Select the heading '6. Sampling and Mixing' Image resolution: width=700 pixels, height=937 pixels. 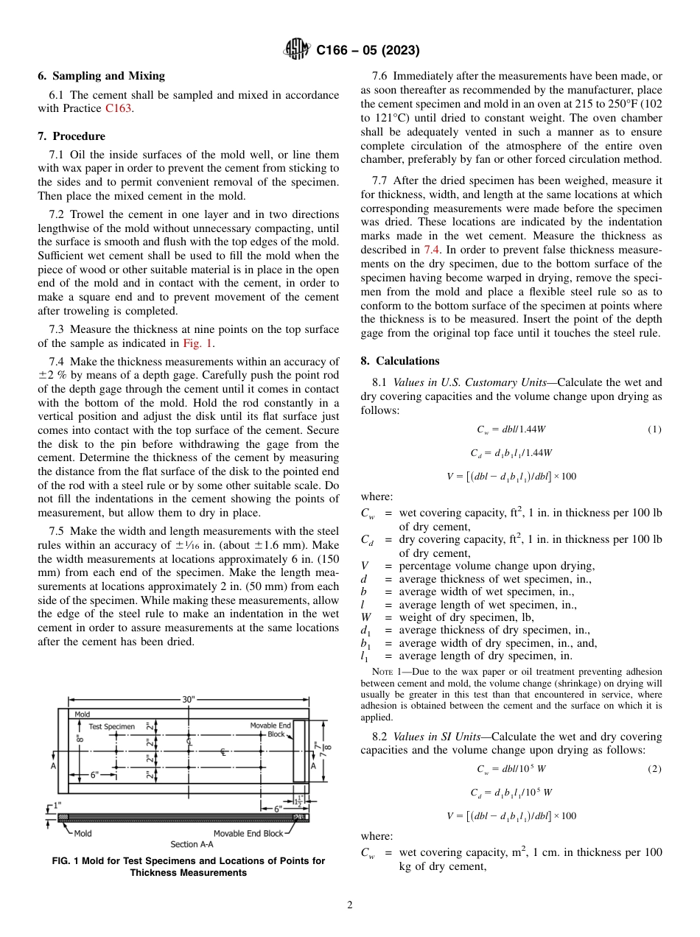[101, 76]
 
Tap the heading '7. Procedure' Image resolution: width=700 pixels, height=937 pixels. [71, 136]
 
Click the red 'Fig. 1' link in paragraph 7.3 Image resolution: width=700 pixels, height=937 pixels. [197, 343]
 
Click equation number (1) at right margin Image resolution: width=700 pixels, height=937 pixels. [654, 430]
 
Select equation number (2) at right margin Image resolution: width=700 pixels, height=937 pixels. [654, 769]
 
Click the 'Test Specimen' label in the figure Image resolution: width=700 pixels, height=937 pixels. [111, 726]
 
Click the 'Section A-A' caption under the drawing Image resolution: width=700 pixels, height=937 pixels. [195, 844]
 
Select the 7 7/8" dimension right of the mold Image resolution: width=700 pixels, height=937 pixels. [318, 750]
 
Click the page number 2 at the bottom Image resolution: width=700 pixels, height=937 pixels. [350, 905]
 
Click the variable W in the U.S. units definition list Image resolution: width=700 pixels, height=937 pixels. [365, 617]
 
